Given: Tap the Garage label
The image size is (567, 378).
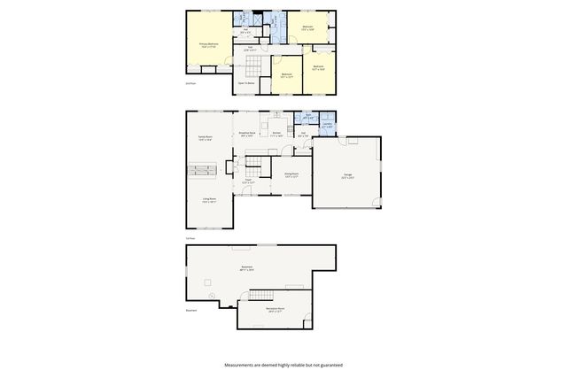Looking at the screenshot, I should pyautogui.click(x=347, y=175).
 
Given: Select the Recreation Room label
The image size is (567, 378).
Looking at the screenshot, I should pyautogui.click(x=275, y=311).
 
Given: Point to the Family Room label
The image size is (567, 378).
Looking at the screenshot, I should pyautogui.click(x=206, y=139).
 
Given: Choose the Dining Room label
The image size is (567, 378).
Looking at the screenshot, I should pyautogui.click(x=291, y=174).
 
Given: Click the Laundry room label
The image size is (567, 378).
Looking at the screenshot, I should pyautogui.click(x=328, y=126).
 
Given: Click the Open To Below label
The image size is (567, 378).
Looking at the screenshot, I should pyautogui.click(x=245, y=82).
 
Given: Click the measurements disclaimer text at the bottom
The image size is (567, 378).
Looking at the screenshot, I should pyautogui.click(x=283, y=365).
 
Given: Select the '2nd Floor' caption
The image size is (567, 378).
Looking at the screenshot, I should pyautogui.click(x=190, y=82).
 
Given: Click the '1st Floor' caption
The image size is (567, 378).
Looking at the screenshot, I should pyautogui.click(x=190, y=238).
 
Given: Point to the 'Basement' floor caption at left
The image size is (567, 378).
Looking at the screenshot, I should pyautogui.click(x=191, y=310).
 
